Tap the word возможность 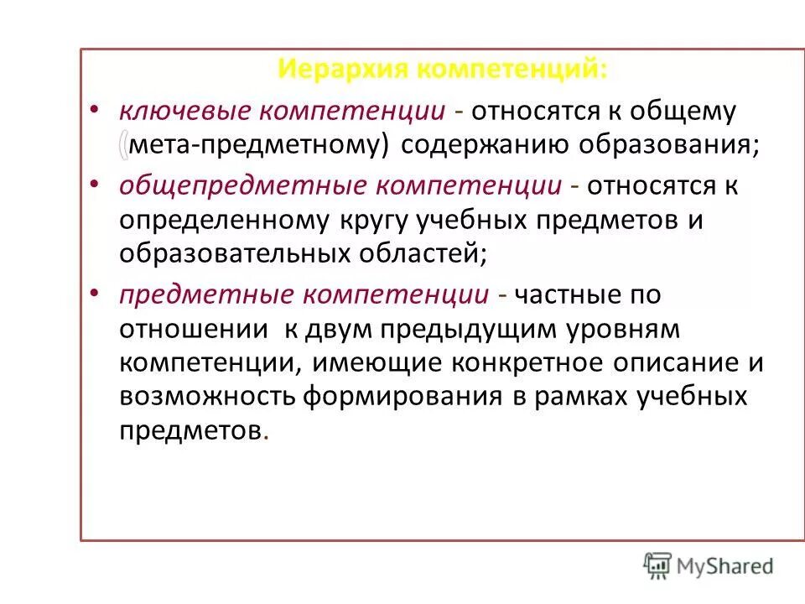click(205, 397)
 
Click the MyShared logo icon click(658, 565)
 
